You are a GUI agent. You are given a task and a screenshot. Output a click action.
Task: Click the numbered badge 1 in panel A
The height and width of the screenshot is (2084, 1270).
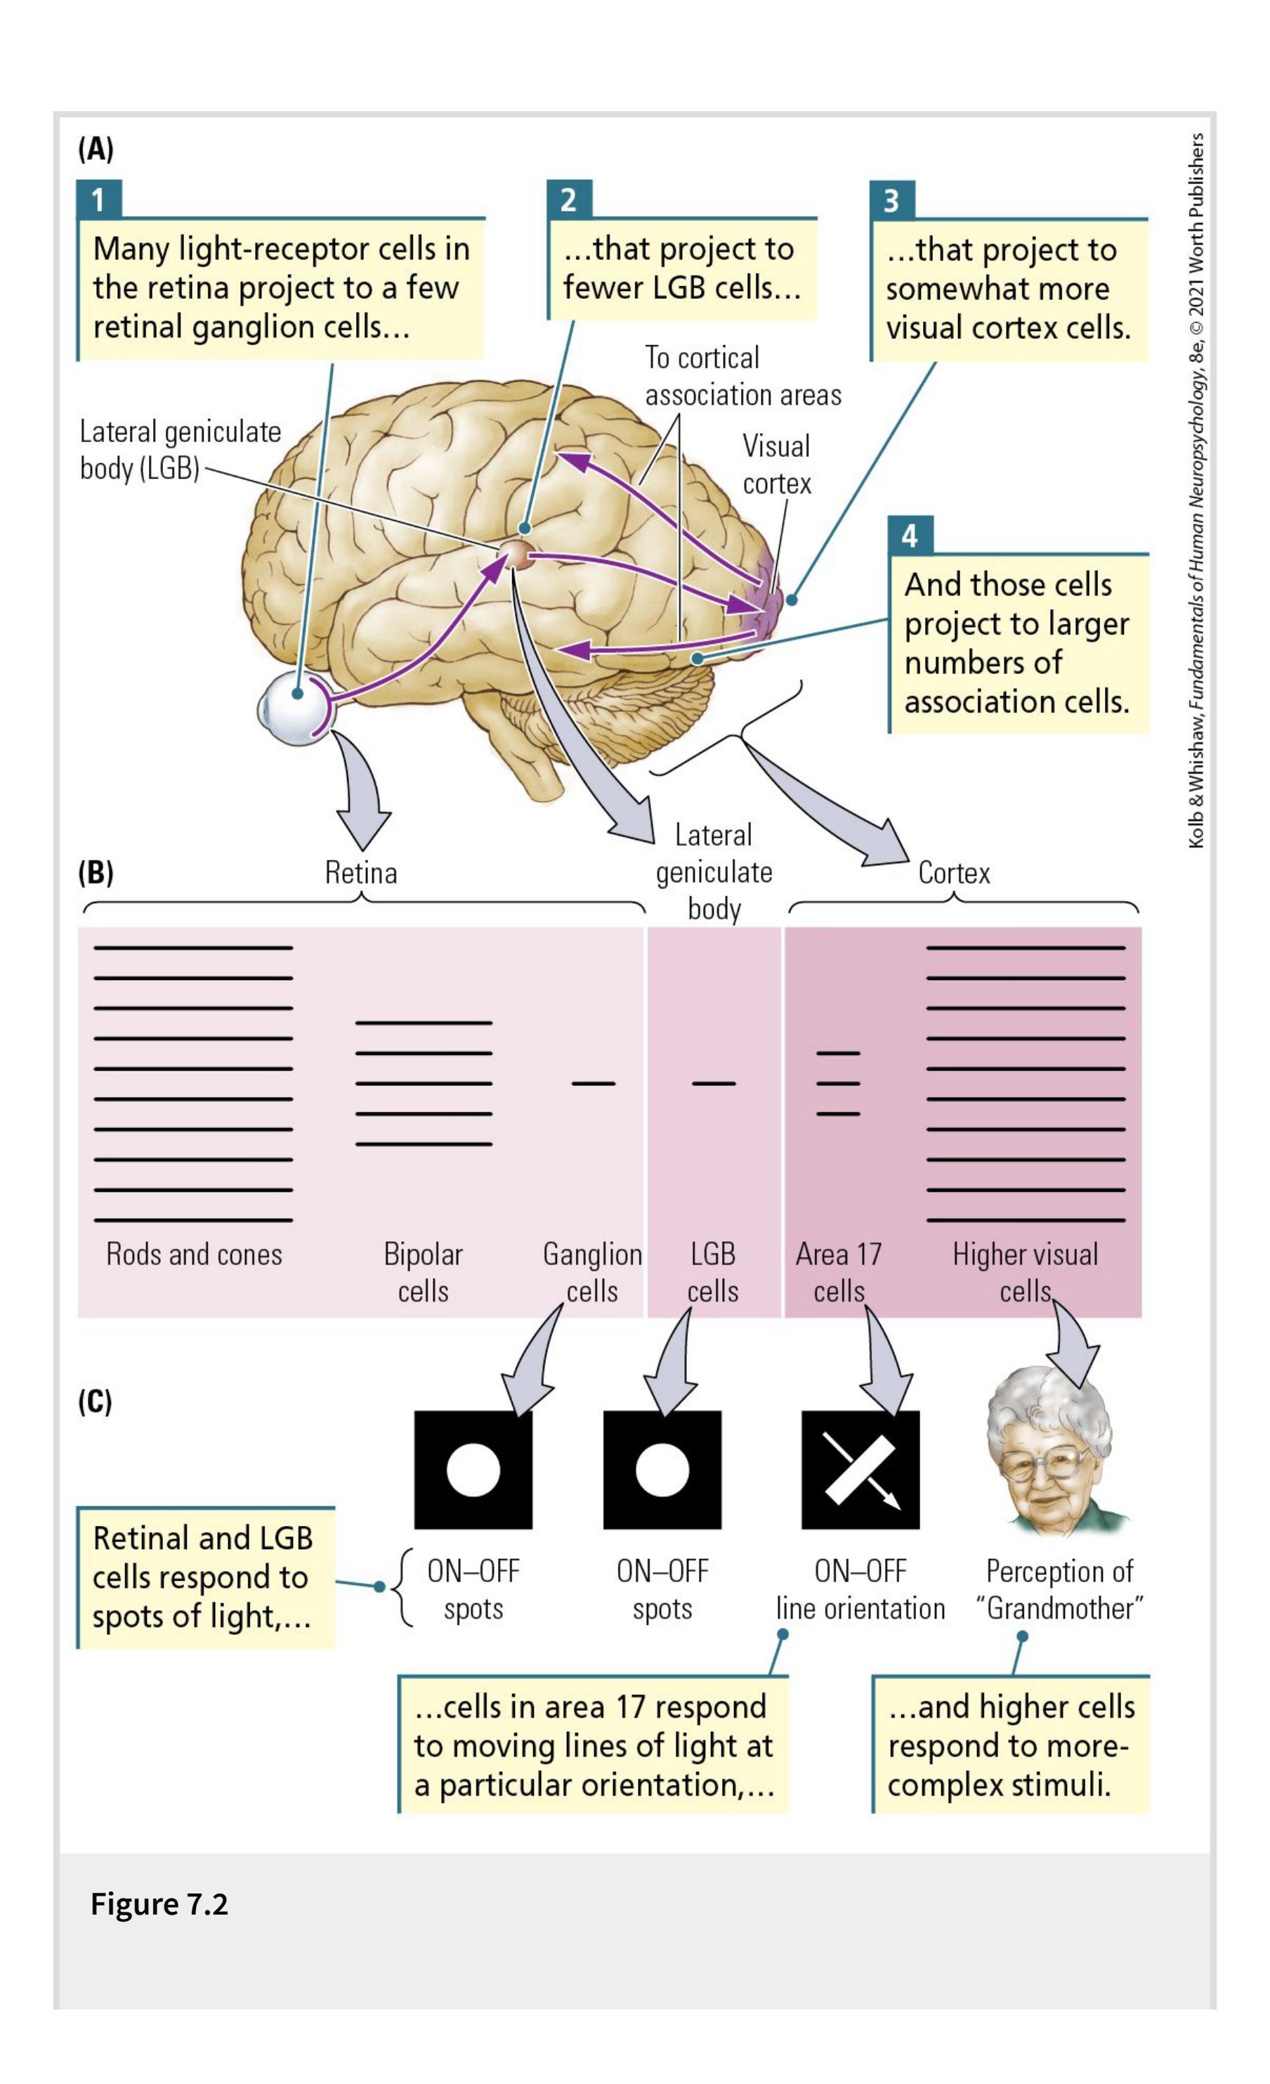pyautogui.click(x=98, y=200)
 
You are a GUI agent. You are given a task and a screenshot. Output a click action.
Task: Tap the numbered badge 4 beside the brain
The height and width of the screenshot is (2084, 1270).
pyautogui.click(x=910, y=536)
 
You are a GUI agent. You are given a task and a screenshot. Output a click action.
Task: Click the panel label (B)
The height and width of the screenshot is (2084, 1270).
pyautogui.click(x=96, y=872)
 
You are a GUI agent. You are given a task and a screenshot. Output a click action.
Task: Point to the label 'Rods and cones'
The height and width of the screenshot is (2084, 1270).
pyautogui.click(x=194, y=1255)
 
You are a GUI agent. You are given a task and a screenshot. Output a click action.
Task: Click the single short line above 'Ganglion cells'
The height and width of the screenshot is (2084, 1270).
pyautogui.click(x=593, y=1082)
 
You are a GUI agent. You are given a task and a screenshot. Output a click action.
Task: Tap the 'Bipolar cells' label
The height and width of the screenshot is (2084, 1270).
pyautogui.click(x=423, y=1272)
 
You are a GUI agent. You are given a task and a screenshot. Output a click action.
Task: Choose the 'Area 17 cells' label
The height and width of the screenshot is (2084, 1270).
pyautogui.click(x=838, y=1272)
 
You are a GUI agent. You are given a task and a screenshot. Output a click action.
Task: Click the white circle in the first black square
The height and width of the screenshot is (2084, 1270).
pyautogui.click(x=473, y=1470)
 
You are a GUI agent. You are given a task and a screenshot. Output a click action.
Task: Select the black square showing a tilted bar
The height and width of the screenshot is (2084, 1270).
pyautogui.click(x=860, y=1470)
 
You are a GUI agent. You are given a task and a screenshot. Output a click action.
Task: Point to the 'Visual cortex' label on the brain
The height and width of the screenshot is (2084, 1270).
pyautogui.click(x=776, y=465)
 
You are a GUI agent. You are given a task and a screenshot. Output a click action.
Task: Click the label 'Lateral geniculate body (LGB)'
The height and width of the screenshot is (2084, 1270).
pyautogui.click(x=179, y=449)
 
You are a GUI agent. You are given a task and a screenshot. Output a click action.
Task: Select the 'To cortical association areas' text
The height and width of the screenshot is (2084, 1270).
pyautogui.click(x=742, y=376)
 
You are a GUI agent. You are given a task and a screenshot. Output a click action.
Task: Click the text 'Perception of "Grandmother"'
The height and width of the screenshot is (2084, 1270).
pyautogui.click(x=1059, y=1589)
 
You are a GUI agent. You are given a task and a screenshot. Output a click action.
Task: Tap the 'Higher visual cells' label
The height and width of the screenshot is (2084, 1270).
pyautogui.click(x=1025, y=1272)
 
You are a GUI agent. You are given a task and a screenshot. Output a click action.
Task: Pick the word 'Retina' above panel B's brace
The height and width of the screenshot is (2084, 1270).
pyautogui.click(x=361, y=872)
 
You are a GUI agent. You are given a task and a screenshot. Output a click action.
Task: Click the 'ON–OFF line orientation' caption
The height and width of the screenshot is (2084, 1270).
pyautogui.click(x=860, y=1589)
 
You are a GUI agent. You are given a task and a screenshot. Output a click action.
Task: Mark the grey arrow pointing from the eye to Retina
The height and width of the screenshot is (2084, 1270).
pyautogui.click(x=361, y=791)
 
